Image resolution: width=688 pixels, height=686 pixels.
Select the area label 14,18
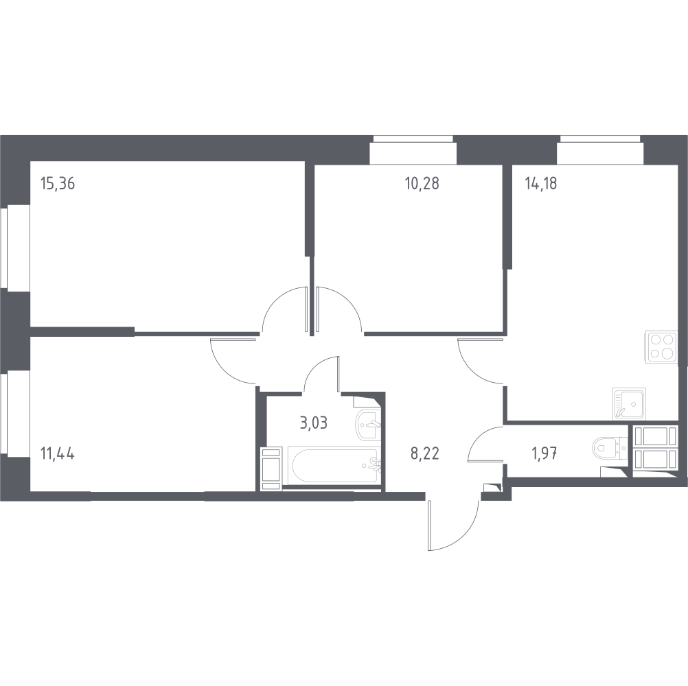pyautogui.click(x=540, y=183)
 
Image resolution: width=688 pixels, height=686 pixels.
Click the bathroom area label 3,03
pyautogui.click(x=313, y=422)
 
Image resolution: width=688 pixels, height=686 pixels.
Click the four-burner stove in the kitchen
pyautogui.click(x=661, y=347)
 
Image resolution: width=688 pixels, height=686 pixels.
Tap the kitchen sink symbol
pyautogui.click(x=629, y=403)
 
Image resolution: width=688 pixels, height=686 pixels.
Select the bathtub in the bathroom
pyautogui.click(x=332, y=466)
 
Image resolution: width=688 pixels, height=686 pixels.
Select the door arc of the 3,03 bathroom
pyautogui.click(x=323, y=374)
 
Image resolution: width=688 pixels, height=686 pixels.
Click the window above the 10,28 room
pyautogui.click(x=413, y=150)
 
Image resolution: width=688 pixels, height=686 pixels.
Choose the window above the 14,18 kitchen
pyautogui.click(x=599, y=150)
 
